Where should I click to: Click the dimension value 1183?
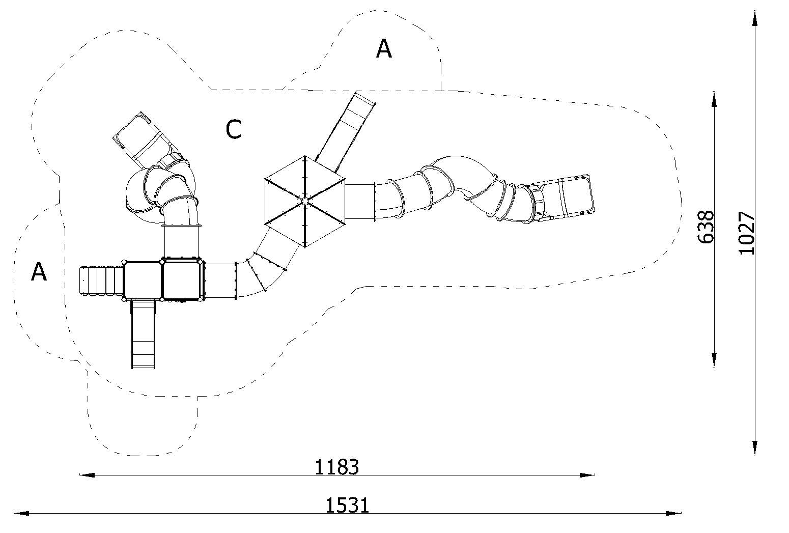click(x=336, y=467)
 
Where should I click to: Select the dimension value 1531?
click(x=347, y=506)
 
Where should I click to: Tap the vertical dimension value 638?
click(x=706, y=227)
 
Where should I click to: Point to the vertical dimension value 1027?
click(x=746, y=233)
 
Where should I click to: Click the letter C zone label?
click(x=234, y=130)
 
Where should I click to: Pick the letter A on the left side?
click(x=39, y=272)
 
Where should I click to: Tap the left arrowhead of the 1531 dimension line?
click(x=21, y=513)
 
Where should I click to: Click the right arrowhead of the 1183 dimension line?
click(x=587, y=475)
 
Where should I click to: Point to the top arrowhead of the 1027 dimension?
click(x=755, y=18)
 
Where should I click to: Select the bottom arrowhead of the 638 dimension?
click(x=714, y=360)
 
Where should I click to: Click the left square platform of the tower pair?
click(x=143, y=280)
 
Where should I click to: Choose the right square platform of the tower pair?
click(x=181, y=280)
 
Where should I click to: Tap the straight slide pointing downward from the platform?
click(x=143, y=333)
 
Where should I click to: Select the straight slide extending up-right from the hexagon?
click(x=345, y=130)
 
